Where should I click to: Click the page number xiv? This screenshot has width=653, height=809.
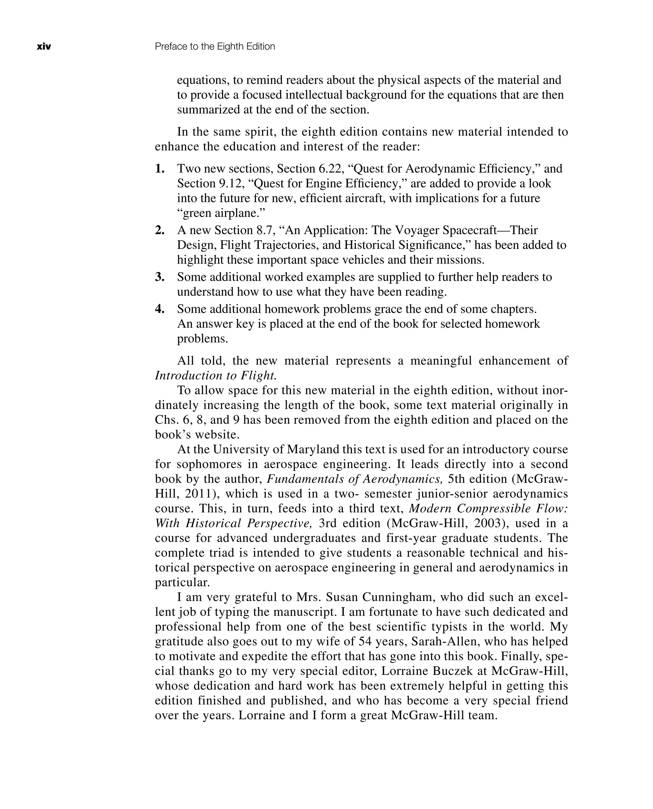point(44,47)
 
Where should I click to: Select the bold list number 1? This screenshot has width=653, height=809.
point(160,169)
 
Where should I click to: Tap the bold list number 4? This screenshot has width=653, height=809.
point(160,309)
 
